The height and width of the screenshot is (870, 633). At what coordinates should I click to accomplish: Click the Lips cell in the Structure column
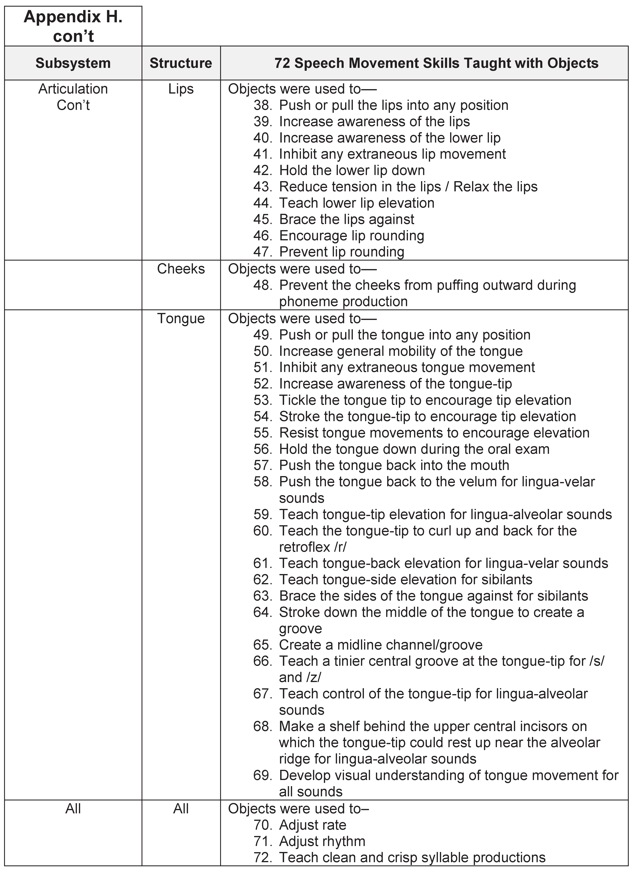(181, 89)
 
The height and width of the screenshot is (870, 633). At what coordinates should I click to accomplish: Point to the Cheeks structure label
(181, 269)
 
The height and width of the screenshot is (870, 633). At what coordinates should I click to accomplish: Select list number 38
(262, 105)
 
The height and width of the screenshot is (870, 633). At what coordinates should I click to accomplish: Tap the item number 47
(262, 252)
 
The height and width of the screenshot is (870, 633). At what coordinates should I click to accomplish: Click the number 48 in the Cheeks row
(262, 285)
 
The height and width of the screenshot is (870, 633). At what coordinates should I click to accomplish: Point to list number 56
(262, 449)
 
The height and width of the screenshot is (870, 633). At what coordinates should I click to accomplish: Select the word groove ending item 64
(300, 629)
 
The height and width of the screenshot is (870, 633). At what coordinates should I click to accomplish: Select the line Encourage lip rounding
(351, 236)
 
